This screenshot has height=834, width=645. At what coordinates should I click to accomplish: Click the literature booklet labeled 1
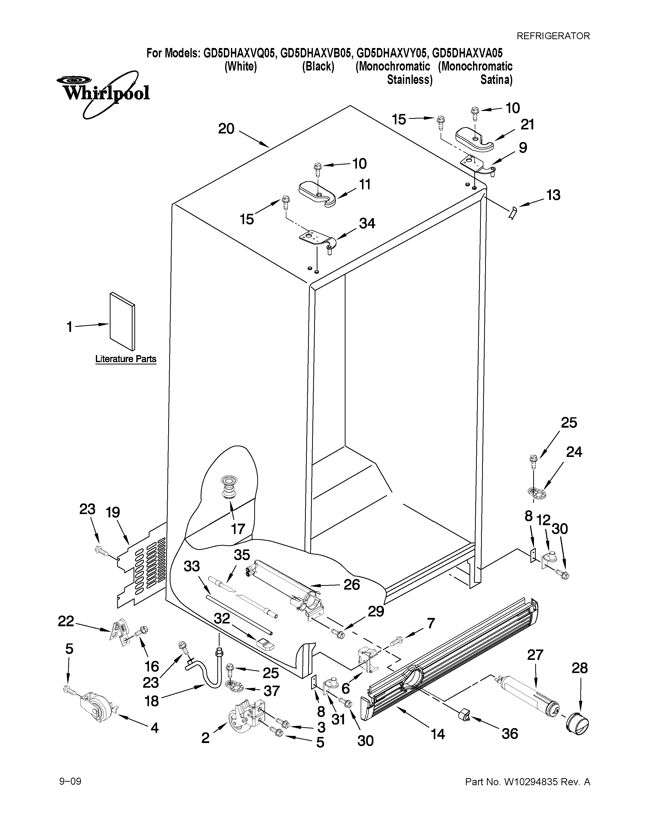[122, 321]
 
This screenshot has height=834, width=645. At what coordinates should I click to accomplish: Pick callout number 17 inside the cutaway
[238, 529]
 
